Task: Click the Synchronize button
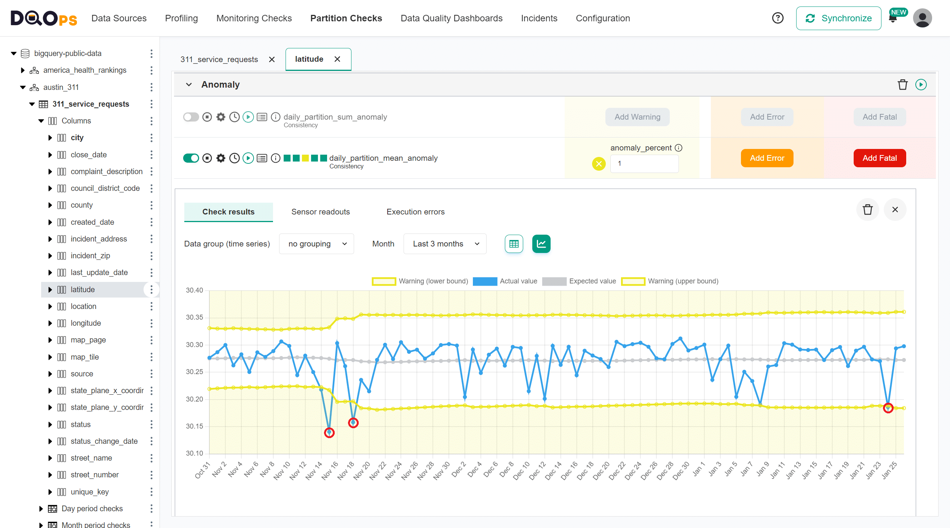click(838, 18)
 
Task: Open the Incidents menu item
click(539, 18)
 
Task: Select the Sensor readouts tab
click(320, 212)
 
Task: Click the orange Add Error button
click(767, 158)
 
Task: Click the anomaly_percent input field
click(644, 164)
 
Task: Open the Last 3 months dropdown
click(445, 244)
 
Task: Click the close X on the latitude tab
click(337, 59)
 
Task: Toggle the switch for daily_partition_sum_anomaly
click(191, 117)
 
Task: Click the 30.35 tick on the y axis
click(194, 317)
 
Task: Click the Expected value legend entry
click(579, 281)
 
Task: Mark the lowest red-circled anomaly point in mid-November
click(329, 433)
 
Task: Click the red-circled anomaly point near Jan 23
click(888, 408)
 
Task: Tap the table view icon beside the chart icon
click(514, 244)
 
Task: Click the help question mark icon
click(778, 18)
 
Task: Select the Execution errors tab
click(415, 212)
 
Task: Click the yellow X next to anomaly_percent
click(599, 164)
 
